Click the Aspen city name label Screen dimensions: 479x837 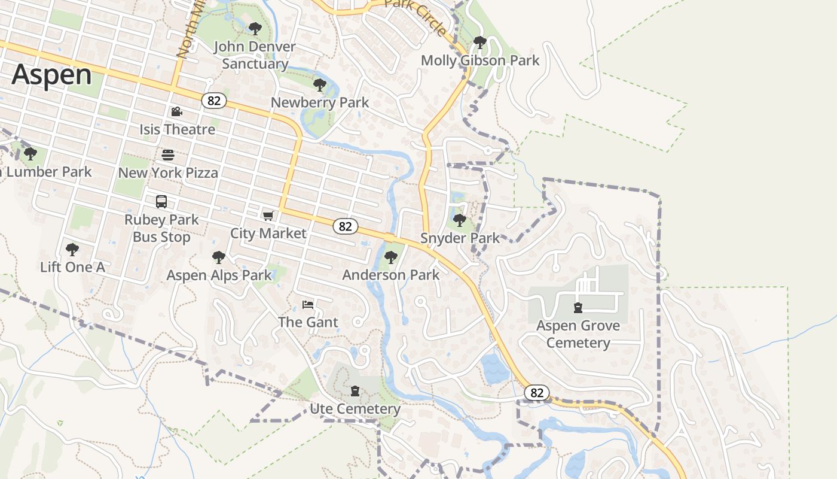tap(51, 75)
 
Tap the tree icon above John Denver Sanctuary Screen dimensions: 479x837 tap(255, 28)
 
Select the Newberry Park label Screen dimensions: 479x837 tap(320, 102)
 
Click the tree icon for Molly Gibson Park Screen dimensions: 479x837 tap(479, 43)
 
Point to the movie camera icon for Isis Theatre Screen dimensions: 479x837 tap(176, 112)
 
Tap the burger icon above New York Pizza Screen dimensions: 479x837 tap(168, 155)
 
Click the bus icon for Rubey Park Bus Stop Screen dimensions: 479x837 tap(161, 202)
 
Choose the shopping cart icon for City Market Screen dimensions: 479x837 tap(268, 216)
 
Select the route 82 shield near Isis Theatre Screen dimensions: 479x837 tap(213, 101)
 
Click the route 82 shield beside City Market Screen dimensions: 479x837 tap(345, 226)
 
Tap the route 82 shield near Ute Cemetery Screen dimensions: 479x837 tap(537, 393)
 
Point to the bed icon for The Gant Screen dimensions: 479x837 tap(308, 305)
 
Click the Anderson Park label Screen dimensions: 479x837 tap(391, 275)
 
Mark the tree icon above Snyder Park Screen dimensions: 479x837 tap(460, 220)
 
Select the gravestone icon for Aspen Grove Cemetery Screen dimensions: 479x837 tap(578, 308)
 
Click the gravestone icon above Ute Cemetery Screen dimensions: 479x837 tap(355, 392)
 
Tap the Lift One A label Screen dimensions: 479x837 tap(72, 267)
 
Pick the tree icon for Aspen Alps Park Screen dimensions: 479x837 tap(219, 257)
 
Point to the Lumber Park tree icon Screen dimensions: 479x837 tap(30, 154)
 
